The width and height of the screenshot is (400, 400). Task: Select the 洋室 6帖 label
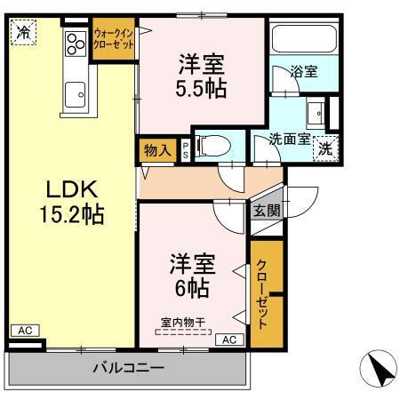coord(192,276)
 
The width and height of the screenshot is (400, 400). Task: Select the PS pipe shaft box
coord(185,149)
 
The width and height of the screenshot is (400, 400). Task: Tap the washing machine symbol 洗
coord(325,148)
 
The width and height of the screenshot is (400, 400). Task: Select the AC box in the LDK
coord(26,331)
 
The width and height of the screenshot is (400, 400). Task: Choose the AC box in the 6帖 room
coord(228,339)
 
